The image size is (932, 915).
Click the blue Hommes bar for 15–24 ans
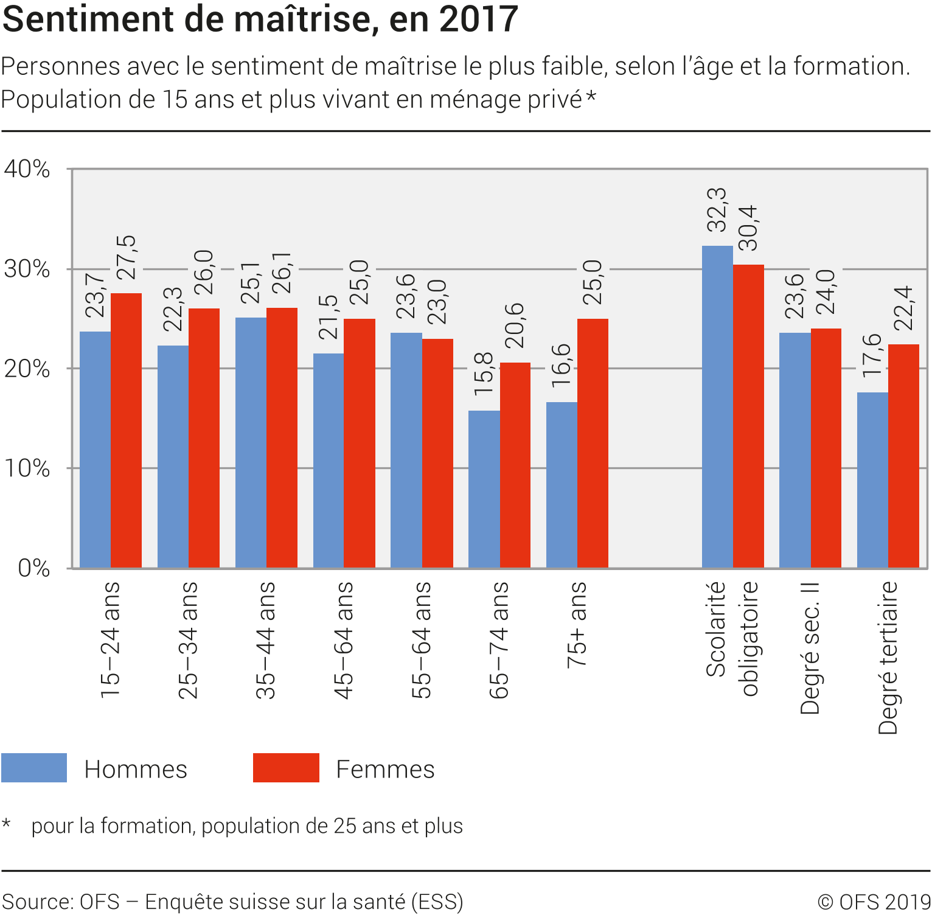click(96, 450)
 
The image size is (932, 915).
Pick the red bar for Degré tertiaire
click(903, 456)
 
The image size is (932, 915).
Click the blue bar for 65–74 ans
click(484, 489)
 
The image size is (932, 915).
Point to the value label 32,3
click(717, 210)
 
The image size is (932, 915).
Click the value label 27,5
click(127, 257)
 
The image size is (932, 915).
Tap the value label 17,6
click(872, 355)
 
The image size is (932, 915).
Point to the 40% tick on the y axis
click(27, 169)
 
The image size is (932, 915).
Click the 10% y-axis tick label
click(27, 468)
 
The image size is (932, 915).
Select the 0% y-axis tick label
click(33, 568)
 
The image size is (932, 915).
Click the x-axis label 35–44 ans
click(266, 640)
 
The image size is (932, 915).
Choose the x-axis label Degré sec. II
click(810, 648)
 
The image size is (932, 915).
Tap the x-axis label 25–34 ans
click(189, 640)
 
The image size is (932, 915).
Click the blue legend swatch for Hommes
click(34, 768)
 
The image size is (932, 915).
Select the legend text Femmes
click(385, 769)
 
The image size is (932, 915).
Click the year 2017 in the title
click(478, 19)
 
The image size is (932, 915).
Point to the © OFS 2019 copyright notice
click(874, 902)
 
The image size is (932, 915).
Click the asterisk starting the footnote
click(6, 824)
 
